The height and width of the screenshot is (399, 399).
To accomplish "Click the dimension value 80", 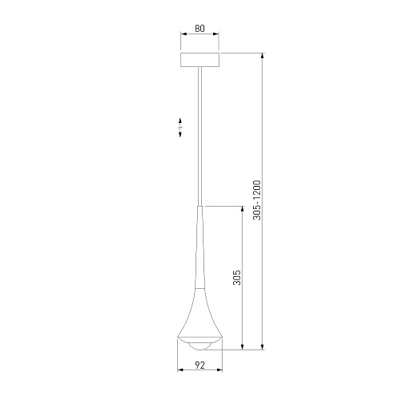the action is [x=199, y=29].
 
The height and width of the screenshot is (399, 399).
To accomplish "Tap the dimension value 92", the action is [x=200, y=365].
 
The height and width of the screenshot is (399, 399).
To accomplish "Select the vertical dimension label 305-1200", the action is [x=257, y=200].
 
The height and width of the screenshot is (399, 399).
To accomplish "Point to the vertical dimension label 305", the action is [x=237, y=278].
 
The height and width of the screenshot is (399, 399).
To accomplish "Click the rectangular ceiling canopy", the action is [x=200, y=60].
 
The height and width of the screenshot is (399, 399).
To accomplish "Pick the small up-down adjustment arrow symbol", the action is [x=180, y=128].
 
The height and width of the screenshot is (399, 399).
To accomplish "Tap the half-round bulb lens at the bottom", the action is [x=200, y=346].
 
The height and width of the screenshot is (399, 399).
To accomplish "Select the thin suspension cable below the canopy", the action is [x=199, y=136].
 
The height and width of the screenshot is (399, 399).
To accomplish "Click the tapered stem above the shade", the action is [x=200, y=247].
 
